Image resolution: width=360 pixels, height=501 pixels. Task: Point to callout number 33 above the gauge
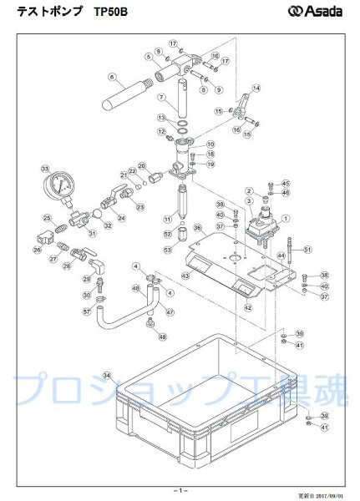pyautogui.click(x=44, y=166)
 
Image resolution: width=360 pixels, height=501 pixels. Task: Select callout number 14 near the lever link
pyautogui.click(x=256, y=88)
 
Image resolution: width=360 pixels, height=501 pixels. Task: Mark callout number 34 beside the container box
pyautogui.click(x=106, y=375)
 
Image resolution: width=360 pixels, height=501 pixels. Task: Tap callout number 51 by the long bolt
pyautogui.click(x=307, y=250)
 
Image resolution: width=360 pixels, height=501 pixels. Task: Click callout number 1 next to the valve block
pyautogui.click(x=286, y=218)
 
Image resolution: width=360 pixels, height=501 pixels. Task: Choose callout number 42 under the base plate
pyautogui.click(x=247, y=307)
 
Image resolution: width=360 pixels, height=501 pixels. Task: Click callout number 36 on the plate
pyautogui.click(x=197, y=226)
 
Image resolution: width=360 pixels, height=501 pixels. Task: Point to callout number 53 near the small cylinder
pyautogui.click(x=167, y=249)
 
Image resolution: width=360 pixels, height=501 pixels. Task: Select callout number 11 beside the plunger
pyautogui.click(x=167, y=219)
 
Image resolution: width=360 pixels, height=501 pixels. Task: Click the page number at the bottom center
pyautogui.click(x=180, y=488)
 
